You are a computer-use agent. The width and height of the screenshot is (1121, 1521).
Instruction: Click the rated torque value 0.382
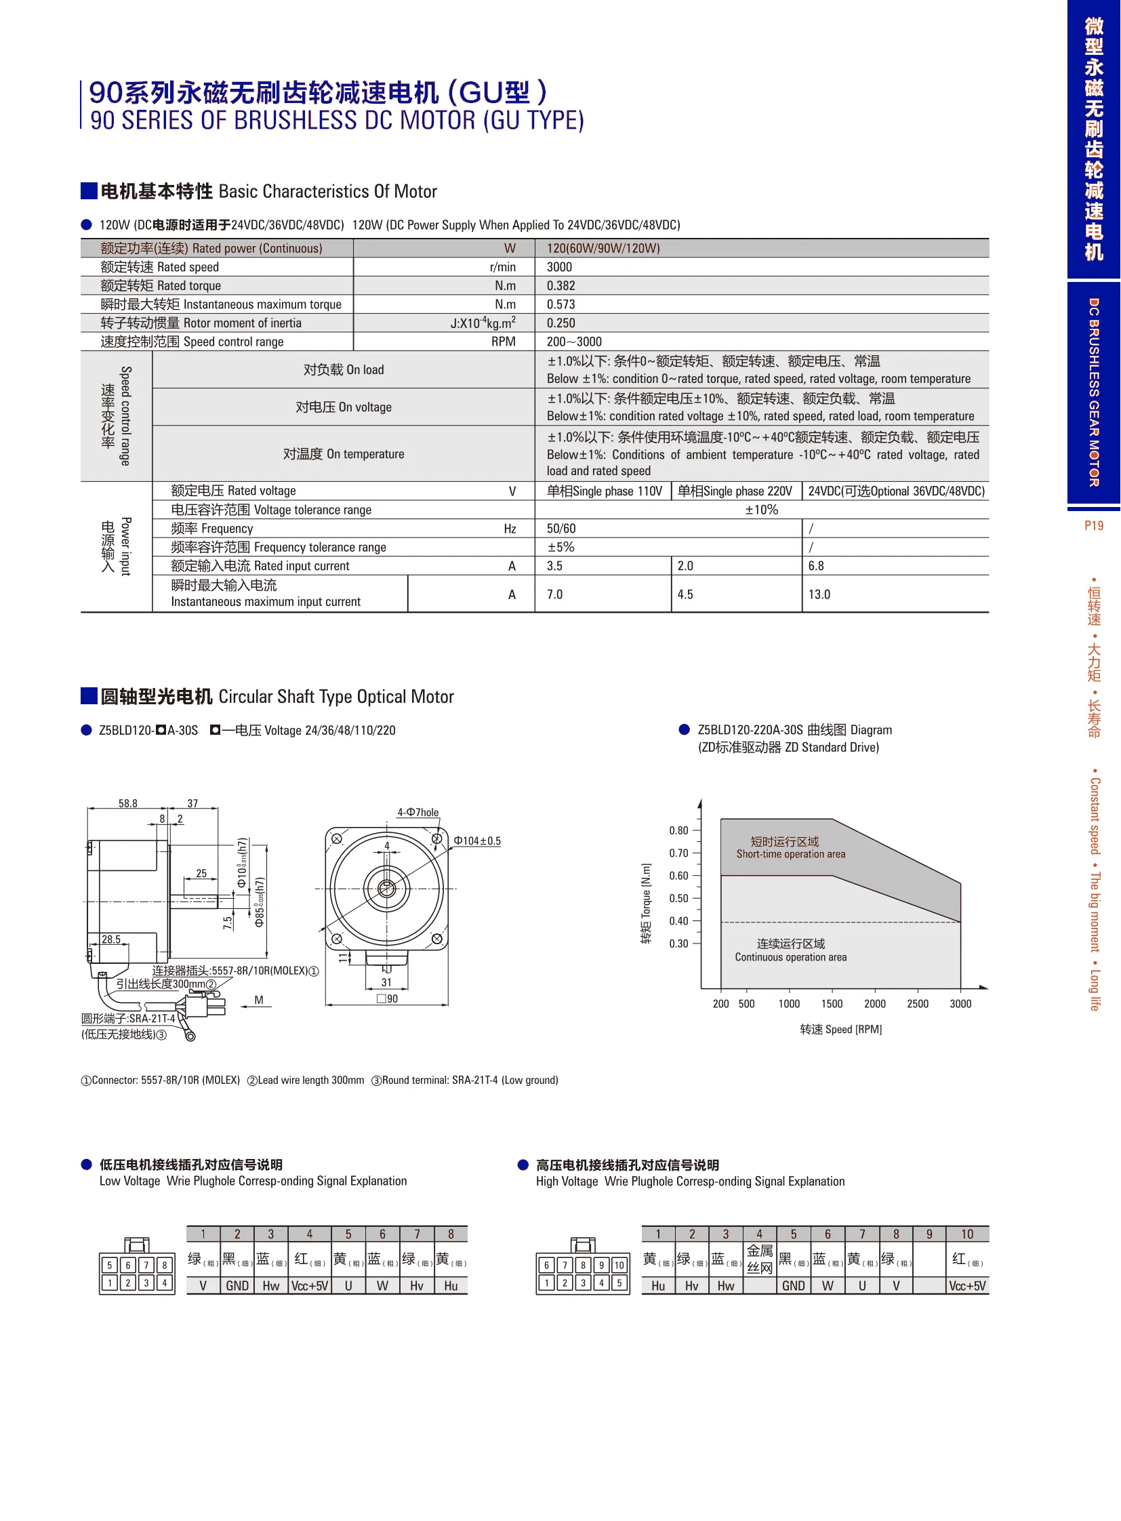point(560,286)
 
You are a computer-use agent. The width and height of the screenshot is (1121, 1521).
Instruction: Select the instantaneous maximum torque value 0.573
point(560,304)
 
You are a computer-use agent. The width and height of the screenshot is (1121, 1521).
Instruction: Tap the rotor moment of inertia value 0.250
point(560,323)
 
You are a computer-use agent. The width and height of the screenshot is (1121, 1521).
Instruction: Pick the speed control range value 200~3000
point(574,342)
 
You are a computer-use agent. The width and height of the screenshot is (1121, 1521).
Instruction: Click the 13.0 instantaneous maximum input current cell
point(819,594)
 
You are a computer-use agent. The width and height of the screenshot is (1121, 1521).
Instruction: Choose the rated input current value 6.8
point(815,566)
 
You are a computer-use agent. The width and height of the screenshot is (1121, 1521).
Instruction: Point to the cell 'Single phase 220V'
point(735,491)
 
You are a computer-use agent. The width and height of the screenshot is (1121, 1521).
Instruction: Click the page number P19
point(1093,525)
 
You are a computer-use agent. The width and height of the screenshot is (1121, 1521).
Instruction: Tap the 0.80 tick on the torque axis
point(678,830)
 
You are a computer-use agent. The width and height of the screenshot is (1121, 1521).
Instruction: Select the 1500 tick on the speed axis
point(832,1004)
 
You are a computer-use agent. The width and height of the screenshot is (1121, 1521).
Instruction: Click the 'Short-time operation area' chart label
point(790,854)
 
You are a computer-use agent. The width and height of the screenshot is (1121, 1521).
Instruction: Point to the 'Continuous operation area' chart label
point(790,957)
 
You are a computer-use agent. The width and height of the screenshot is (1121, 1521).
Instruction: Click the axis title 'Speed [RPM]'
point(840,1029)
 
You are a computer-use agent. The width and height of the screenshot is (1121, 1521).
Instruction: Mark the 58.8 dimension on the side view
point(127,803)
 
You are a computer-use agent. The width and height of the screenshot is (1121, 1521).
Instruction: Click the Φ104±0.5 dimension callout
point(477,840)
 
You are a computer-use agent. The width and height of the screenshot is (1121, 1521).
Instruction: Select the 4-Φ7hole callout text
point(418,812)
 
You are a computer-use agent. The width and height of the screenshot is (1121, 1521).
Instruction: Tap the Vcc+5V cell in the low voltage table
point(310,1286)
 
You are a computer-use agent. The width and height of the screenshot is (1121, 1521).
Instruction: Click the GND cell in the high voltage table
point(793,1286)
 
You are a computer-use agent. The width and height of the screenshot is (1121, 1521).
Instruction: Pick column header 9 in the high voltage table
point(929,1234)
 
